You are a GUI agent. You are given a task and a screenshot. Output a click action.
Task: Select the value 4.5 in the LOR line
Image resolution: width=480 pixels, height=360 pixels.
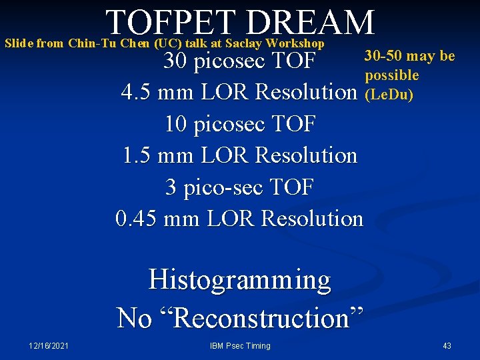(x=136, y=93)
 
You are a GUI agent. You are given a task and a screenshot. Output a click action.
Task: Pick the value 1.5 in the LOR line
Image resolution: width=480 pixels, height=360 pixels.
(x=137, y=155)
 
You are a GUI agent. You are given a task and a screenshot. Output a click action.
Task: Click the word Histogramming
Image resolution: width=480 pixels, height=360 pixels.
(x=239, y=279)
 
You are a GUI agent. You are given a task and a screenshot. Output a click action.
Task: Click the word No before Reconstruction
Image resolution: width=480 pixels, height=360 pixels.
(x=134, y=317)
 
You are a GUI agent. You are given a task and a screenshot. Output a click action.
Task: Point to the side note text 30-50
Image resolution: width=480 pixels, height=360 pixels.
(x=381, y=56)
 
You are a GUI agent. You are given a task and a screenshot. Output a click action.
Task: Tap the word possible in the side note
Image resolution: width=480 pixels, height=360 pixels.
(x=392, y=75)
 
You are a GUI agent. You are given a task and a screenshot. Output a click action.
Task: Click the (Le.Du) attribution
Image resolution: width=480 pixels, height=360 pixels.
(x=389, y=94)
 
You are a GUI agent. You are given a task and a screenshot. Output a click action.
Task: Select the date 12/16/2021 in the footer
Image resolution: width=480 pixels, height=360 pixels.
(x=49, y=345)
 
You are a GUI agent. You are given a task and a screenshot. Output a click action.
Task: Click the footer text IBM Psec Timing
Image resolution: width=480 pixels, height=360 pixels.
(x=239, y=345)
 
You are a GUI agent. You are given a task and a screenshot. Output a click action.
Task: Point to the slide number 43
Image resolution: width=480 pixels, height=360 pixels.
(x=447, y=345)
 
